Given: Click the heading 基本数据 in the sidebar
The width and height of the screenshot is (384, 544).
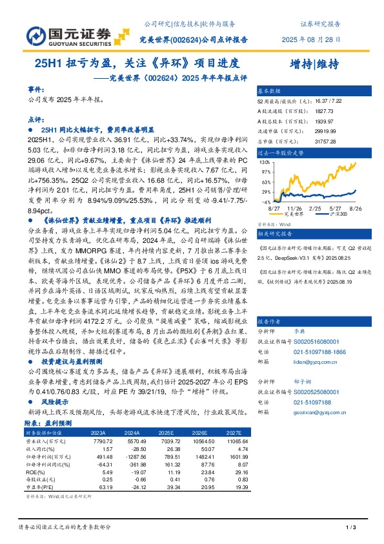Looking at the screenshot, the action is pos(270,91).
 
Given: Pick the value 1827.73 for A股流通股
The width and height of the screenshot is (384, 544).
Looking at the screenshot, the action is pos(325,111).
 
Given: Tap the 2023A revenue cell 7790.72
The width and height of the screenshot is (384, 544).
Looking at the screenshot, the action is pos(103,440).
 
